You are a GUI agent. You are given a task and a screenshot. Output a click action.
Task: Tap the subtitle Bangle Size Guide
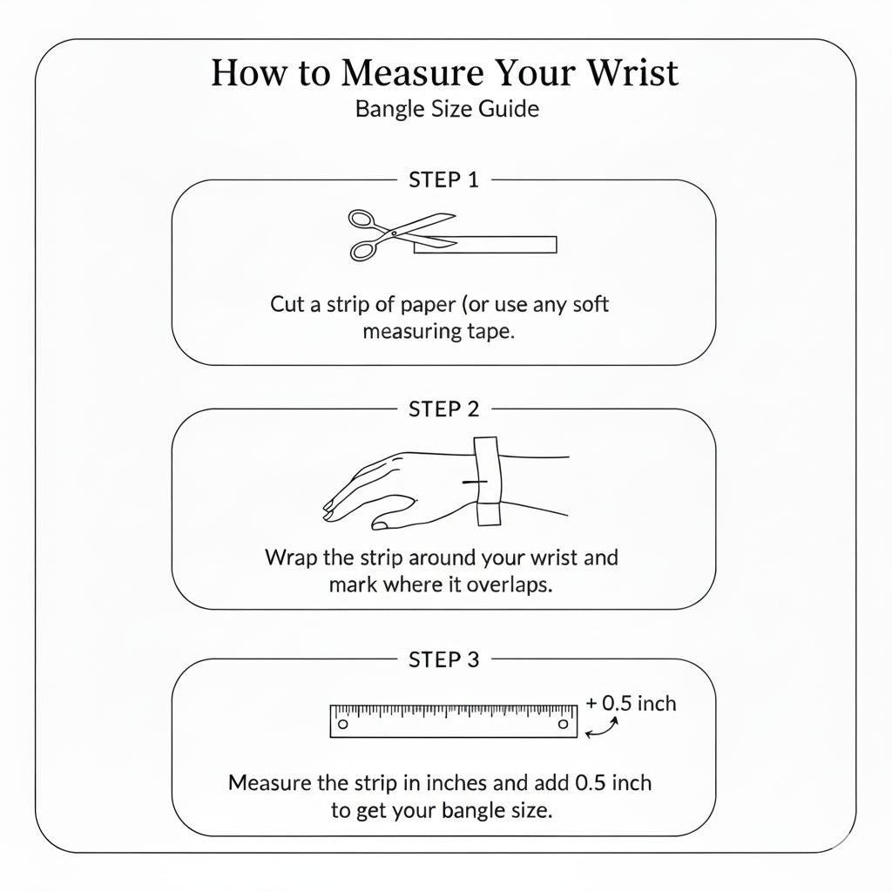click(447, 109)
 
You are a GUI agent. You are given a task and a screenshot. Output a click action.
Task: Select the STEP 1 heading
click(443, 180)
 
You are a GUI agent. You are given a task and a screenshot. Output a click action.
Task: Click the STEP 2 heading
click(443, 409)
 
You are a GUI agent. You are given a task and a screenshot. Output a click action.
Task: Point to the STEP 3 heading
click(443, 659)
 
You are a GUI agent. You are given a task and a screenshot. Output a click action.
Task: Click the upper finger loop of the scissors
click(362, 219)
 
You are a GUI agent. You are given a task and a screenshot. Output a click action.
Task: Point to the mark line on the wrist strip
click(475, 482)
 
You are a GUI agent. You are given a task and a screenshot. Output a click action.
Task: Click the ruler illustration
click(453, 721)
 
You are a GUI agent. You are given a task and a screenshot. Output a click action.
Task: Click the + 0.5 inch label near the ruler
click(631, 704)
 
